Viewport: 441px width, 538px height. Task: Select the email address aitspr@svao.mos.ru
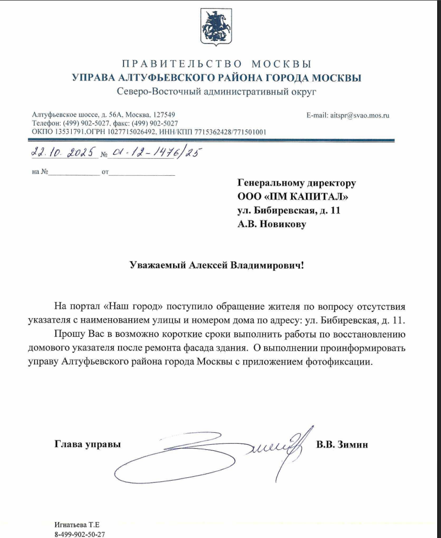pos(359,116)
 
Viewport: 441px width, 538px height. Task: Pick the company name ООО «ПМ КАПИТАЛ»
pos(293,196)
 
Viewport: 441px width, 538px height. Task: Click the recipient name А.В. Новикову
pos(271,224)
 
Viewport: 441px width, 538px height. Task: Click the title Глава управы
pos(87,444)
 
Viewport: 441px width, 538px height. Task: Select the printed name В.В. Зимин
pos(342,444)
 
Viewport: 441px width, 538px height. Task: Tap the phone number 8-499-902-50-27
pos(80,534)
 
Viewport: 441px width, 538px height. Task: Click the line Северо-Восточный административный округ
pos(217,91)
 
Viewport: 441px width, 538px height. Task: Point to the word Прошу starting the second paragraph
pos(68,335)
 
